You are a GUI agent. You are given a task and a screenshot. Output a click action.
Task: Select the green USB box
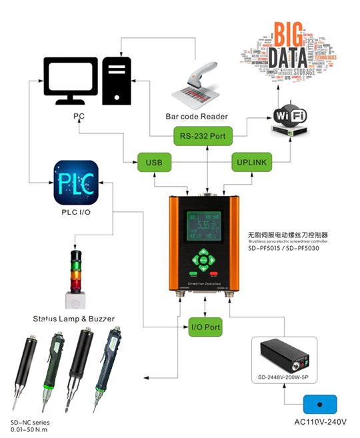click(x=154, y=161)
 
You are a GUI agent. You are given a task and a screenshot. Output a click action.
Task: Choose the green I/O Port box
click(x=205, y=328)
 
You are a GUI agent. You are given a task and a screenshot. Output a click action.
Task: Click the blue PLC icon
click(x=75, y=182)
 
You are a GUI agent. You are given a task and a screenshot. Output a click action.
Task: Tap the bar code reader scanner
click(x=197, y=83)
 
